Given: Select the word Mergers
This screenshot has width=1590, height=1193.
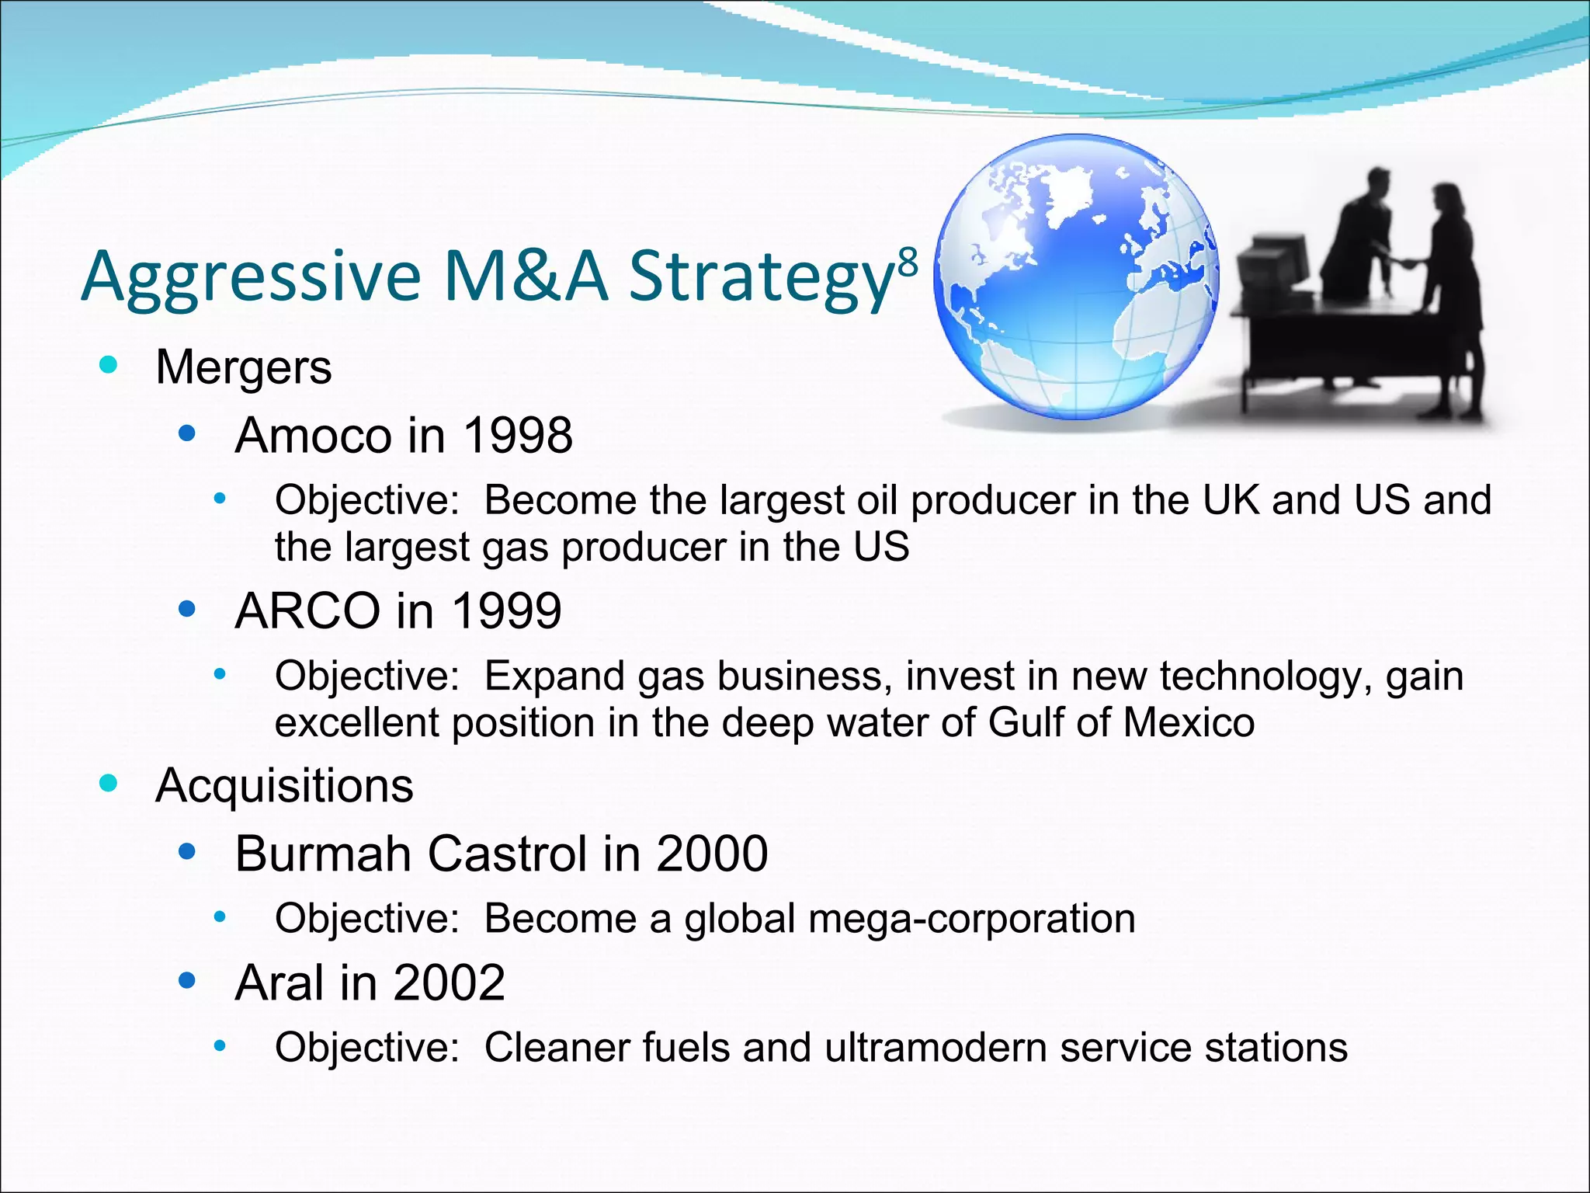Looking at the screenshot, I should [243, 367].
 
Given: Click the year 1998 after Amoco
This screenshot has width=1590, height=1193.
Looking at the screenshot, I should [517, 435].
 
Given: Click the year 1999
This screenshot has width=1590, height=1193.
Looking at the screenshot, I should [506, 610].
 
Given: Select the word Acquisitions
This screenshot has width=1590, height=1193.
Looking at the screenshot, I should [284, 785].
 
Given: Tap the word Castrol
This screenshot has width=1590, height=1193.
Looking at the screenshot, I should [507, 854].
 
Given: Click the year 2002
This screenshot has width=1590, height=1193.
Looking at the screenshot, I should [449, 983].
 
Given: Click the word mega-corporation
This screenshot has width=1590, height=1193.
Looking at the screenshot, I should [971, 919].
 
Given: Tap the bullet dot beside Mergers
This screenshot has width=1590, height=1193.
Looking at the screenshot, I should [109, 364].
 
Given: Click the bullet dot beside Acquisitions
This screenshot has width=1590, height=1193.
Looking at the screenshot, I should [109, 783].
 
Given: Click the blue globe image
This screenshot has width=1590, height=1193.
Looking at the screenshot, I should [1076, 278].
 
